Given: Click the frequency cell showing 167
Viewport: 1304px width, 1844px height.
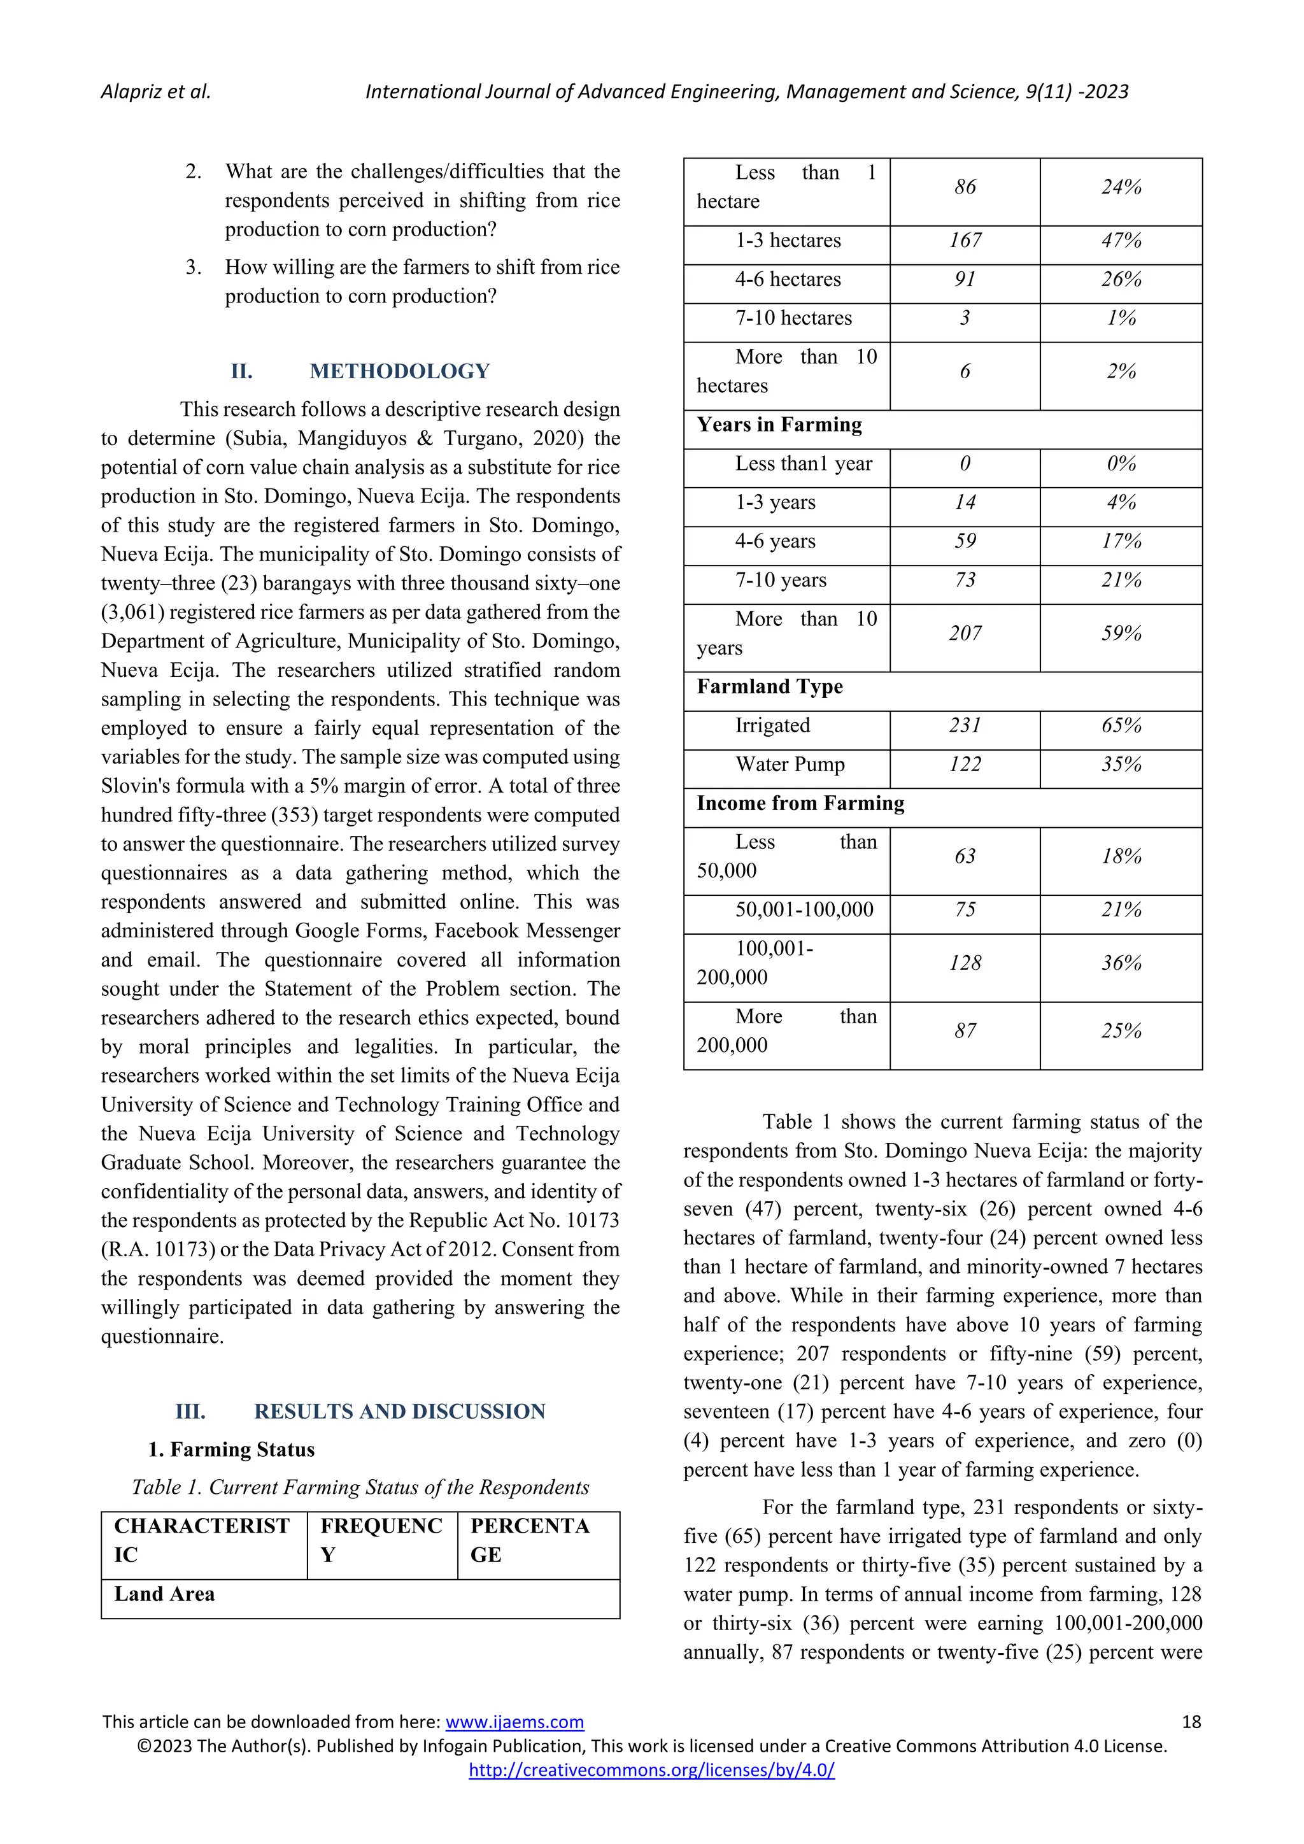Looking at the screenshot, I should pos(965,241).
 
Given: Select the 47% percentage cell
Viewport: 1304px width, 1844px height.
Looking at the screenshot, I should pos(1121,241).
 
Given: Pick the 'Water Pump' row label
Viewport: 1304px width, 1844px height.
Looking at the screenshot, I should pos(790,765).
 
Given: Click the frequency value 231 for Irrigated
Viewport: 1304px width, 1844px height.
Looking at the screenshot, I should pos(965,726).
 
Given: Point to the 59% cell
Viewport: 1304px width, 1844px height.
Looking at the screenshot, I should pos(1121,634).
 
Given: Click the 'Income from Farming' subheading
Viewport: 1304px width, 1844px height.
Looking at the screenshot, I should pos(800,803).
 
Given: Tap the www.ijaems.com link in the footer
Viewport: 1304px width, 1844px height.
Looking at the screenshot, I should pos(514,1721).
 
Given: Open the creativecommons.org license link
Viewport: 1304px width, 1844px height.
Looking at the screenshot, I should pos(651,1770).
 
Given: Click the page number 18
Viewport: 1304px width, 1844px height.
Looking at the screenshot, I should pos(1191,1721).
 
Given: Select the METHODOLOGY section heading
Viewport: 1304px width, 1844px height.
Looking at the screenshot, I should pos(399,371).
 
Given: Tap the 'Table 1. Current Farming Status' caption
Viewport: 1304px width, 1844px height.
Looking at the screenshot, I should pos(360,1487).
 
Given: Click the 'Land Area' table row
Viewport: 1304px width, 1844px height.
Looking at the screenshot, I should pos(165,1594).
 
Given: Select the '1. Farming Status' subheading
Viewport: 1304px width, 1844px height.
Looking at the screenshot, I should pos(231,1450).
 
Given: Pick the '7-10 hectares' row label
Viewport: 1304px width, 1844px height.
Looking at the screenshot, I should pos(793,318).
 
